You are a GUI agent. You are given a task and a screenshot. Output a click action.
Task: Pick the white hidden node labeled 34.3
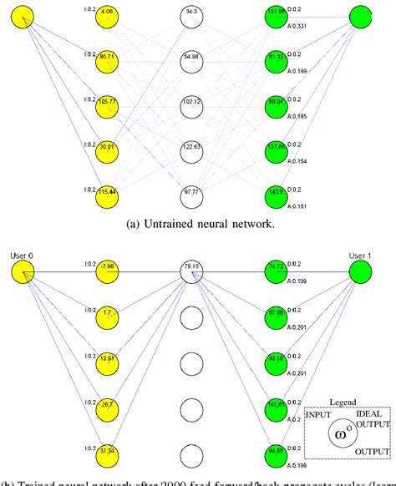[x=192, y=14]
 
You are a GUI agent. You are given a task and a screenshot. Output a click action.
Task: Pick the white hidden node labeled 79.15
[x=192, y=270]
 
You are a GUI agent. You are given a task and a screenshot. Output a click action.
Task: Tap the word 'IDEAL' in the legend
[x=369, y=414]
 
